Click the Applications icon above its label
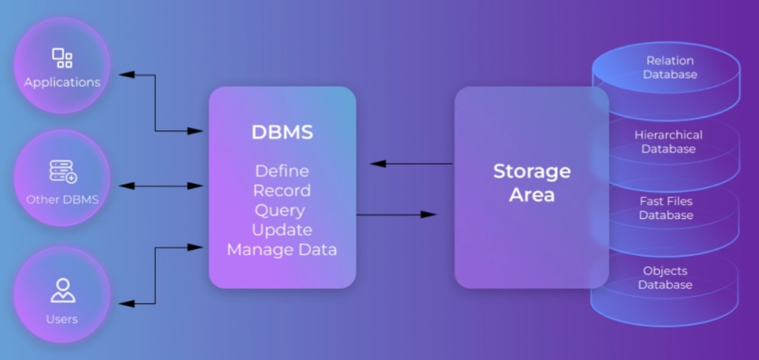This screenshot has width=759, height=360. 62,58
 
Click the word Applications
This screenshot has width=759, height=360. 62,81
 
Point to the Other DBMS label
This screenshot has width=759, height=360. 62,199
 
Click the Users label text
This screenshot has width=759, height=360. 62,319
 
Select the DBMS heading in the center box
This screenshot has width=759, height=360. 282,133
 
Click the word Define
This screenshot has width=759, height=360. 282,171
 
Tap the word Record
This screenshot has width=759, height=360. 282,191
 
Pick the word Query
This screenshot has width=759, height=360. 282,210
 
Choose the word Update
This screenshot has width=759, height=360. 282,230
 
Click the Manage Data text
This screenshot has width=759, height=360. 282,250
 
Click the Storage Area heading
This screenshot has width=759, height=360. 532,182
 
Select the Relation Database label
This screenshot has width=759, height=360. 669,67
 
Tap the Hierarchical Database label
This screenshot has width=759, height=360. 668,141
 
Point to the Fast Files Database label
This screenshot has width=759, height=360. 666,208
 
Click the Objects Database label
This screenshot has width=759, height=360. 665,278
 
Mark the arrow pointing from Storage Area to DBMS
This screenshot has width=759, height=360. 411,164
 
